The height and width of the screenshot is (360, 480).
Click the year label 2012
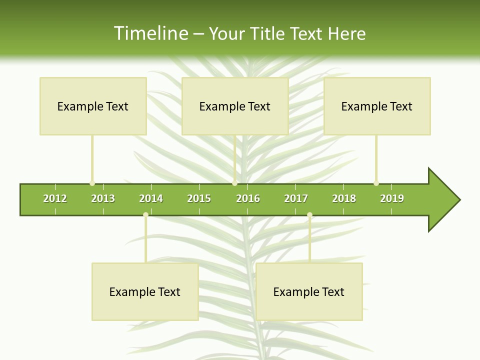pos(55,198)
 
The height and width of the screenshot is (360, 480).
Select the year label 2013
pos(103,198)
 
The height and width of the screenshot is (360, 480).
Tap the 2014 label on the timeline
pos(151,198)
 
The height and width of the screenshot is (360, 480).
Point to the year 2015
pos(199,198)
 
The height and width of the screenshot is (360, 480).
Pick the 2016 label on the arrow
pos(248,198)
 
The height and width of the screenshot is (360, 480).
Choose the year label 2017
pos(296,198)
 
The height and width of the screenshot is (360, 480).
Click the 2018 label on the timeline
pos(344,198)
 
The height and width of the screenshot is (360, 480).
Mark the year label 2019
pos(392,198)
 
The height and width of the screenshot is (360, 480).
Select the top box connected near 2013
pos(93,106)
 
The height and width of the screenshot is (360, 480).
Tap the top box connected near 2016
pos(235,106)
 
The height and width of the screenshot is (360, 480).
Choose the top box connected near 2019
pos(377,106)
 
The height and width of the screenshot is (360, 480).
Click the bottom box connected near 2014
pos(145,291)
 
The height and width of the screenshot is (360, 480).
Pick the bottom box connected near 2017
pos(309,291)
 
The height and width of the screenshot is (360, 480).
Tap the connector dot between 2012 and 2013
pos(92,183)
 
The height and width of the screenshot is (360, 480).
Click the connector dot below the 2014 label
pos(145,215)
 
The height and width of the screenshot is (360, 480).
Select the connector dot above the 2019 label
pos(376,183)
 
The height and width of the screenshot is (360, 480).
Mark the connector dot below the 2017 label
pos(309,215)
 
